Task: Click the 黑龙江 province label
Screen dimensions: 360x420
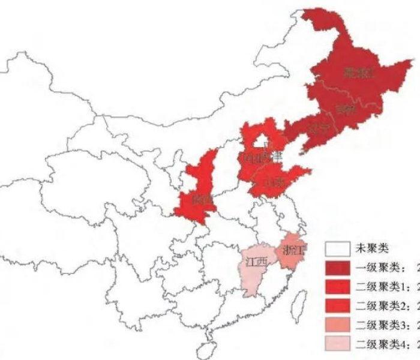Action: [359, 73]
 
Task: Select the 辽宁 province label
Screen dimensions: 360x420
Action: [319, 128]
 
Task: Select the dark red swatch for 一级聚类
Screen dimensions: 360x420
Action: [338, 268]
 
